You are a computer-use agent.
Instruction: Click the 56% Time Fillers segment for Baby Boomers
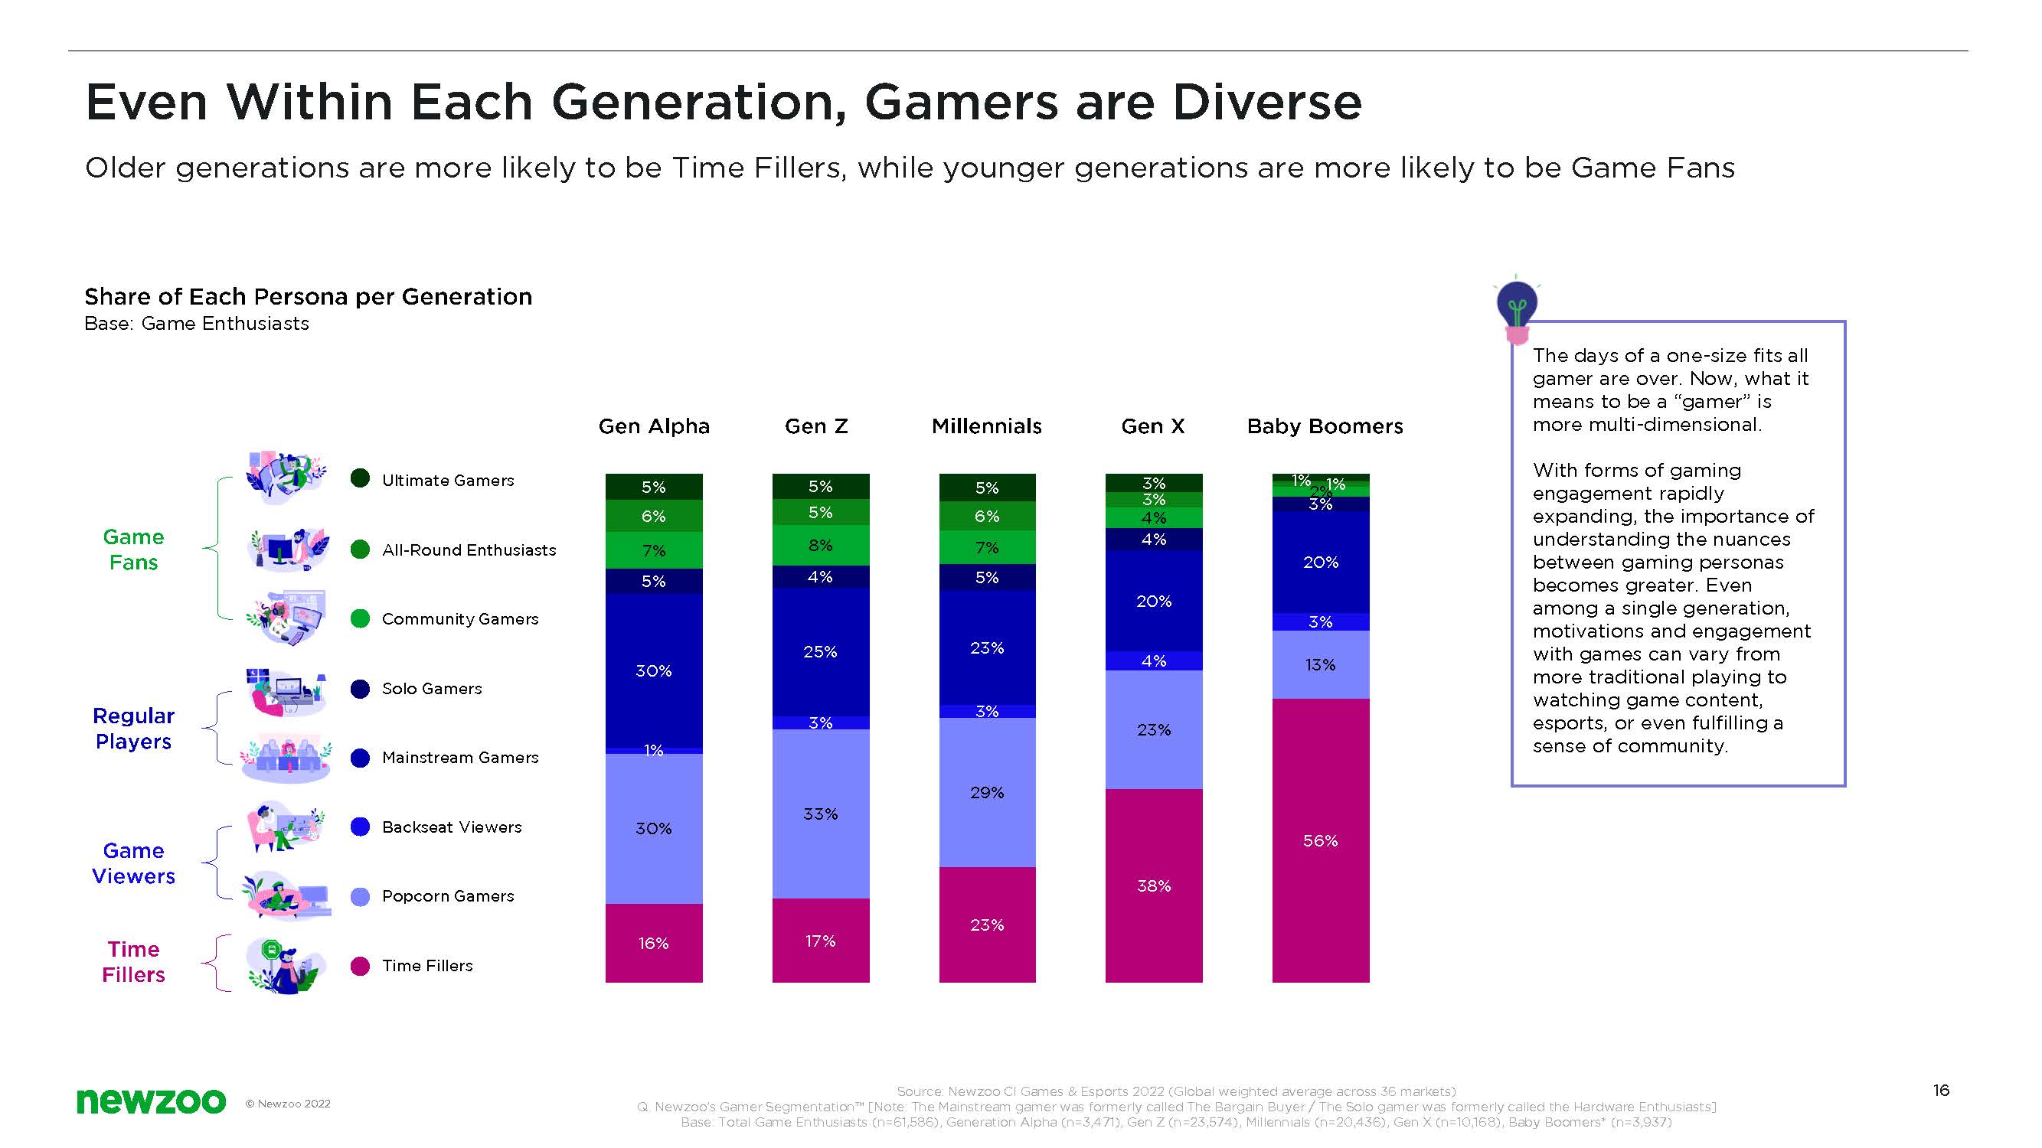coord(1320,840)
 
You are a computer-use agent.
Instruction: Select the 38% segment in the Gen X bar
coord(1153,885)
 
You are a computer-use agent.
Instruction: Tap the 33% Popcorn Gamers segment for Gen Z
coord(821,814)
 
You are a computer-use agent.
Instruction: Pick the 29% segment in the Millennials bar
coord(987,792)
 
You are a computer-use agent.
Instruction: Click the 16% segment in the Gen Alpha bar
coord(653,943)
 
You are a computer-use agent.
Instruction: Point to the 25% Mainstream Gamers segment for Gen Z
coord(821,651)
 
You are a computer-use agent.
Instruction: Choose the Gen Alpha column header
coord(653,426)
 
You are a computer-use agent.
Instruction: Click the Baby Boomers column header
coord(1325,426)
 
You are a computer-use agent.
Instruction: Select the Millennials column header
coord(986,426)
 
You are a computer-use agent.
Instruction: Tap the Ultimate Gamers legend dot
coord(360,478)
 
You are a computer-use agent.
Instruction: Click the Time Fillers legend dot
coord(360,966)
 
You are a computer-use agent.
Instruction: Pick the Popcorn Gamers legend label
coord(448,896)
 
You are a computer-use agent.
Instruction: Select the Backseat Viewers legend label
coord(452,827)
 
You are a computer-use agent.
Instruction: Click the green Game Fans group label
coord(133,549)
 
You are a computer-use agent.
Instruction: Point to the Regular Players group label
coord(133,728)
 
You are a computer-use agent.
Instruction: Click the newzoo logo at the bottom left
coord(151,1101)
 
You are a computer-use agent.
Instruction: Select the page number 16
coord(1940,1090)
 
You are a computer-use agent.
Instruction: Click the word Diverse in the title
coord(1266,103)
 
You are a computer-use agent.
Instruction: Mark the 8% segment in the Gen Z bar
coord(821,545)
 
